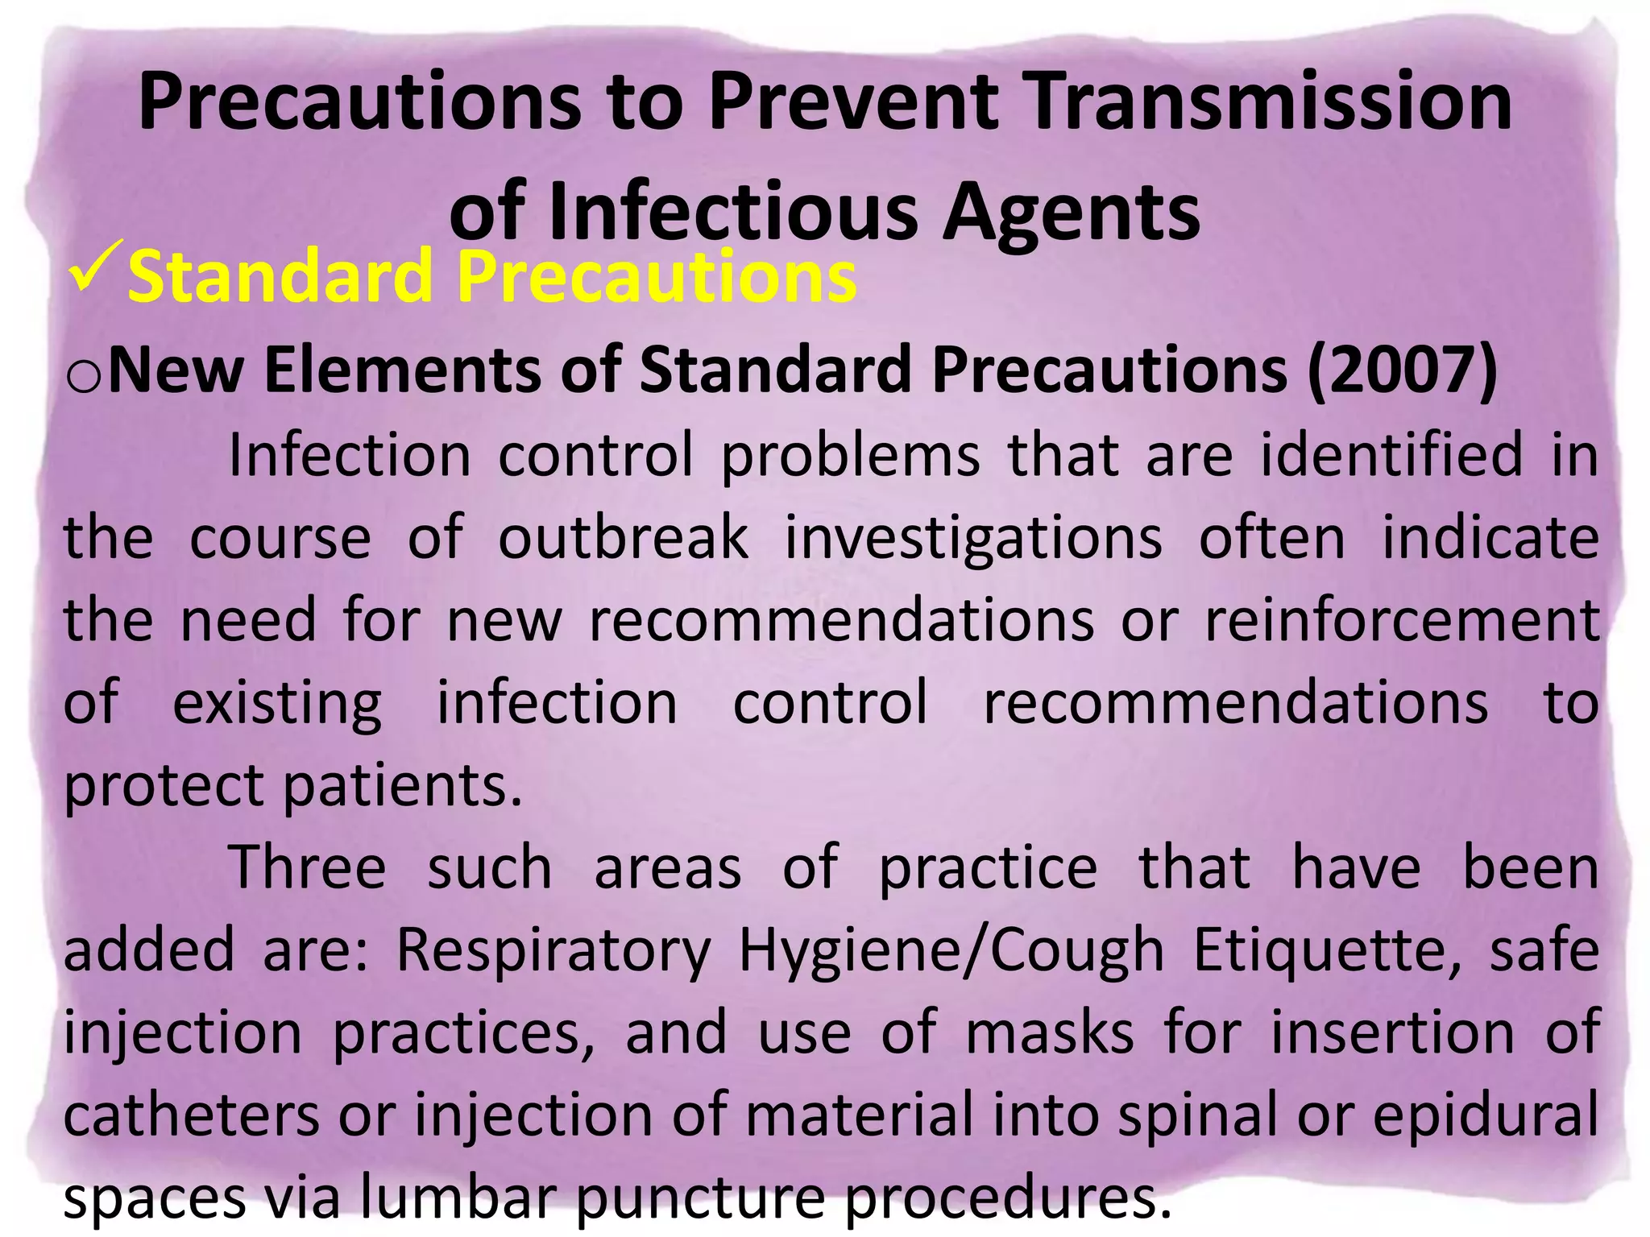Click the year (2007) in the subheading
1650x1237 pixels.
[x=1402, y=370]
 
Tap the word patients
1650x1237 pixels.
[x=403, y=785]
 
